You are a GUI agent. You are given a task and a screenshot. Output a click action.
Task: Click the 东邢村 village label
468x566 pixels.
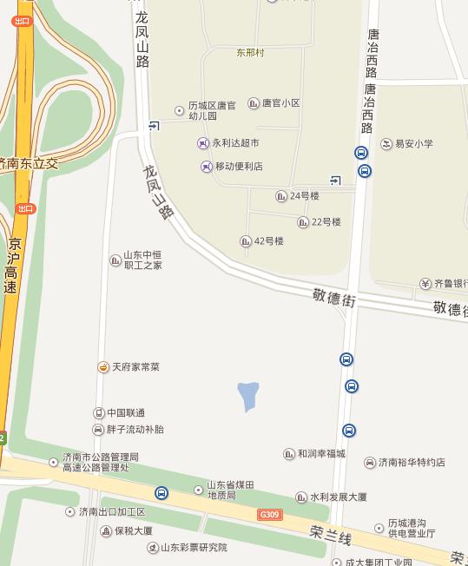point(250,52)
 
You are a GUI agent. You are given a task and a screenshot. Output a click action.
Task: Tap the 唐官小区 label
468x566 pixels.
point(280,103)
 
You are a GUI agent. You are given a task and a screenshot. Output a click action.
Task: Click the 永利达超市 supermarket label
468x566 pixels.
point(234,142)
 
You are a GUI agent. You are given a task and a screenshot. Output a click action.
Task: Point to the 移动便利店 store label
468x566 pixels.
point(238,166)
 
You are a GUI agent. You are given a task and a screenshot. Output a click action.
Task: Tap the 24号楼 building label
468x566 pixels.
point(304,196)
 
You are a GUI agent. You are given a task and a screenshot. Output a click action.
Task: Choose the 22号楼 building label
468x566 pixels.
point(326,222)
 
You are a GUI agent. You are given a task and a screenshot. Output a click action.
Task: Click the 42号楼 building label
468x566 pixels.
point(268,240)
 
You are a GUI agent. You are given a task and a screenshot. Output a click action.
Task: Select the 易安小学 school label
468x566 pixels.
point(413,144)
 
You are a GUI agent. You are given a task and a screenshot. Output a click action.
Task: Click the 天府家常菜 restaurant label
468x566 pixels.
point(135,367)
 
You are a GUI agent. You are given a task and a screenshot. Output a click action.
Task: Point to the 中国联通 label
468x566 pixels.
point(125,412)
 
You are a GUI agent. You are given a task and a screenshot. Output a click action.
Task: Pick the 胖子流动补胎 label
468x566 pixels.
point(135,429)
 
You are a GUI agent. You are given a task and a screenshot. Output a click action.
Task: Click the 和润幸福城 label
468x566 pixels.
point(320,453)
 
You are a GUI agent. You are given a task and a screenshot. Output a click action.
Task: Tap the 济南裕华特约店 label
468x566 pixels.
point(411,463)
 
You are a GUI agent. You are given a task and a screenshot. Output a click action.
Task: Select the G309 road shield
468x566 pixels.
point(270,515)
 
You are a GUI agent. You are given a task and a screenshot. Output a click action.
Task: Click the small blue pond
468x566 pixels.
point(248,396)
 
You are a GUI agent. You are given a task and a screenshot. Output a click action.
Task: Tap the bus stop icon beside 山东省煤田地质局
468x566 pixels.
point(161,493)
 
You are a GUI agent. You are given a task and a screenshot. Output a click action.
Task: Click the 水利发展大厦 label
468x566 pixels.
point(338,497)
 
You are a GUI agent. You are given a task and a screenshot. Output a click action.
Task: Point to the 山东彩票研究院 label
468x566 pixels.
point(193,548)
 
